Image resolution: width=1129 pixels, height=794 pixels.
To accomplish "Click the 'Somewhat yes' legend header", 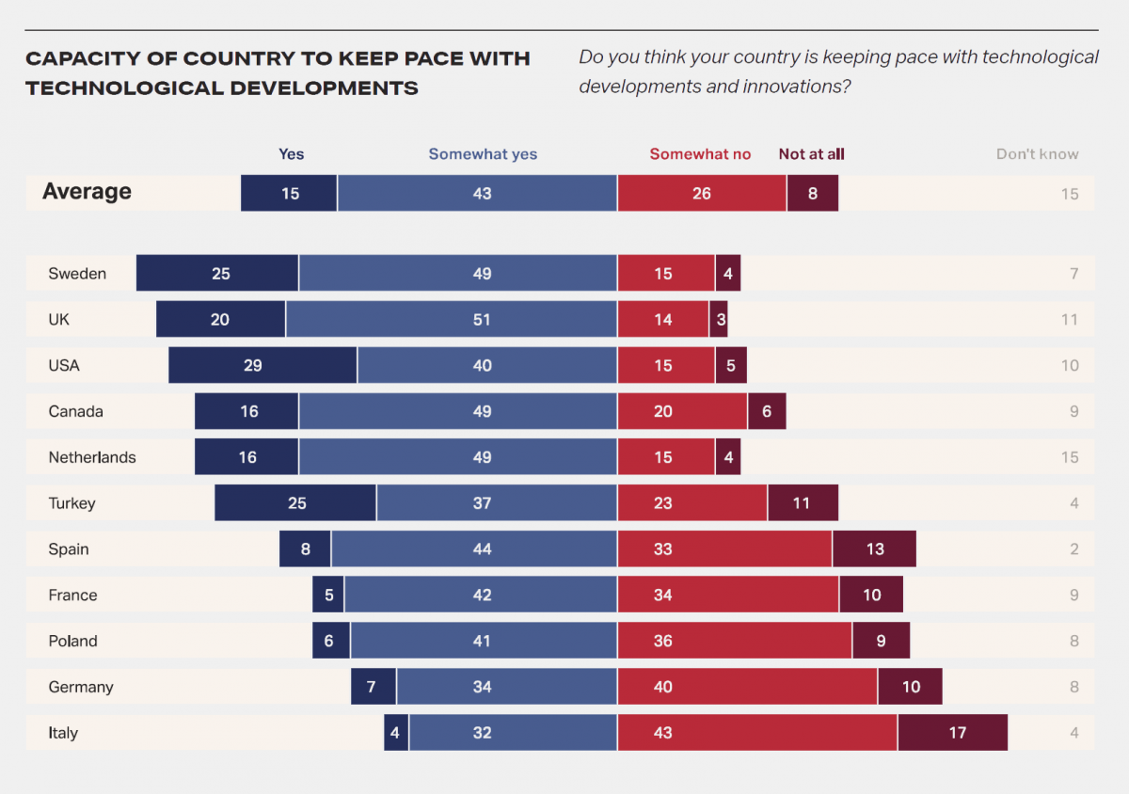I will tap(483, 154).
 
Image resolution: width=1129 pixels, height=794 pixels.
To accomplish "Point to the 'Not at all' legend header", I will tap(811, 154).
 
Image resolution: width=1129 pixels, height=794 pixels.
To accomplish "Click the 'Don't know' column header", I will tap(1037, 154).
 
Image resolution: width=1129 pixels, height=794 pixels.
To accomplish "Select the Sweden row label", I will tap(77, 274).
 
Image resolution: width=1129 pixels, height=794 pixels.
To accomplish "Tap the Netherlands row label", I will tap(92, 457).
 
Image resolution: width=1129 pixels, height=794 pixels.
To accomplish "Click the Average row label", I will tap(87, 192).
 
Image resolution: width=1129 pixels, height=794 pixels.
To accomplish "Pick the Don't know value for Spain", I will tap(1073, 549).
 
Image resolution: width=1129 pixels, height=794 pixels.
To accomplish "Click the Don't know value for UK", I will tap(1069, 320).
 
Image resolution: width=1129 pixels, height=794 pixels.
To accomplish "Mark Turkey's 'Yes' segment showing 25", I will tap(295, 503).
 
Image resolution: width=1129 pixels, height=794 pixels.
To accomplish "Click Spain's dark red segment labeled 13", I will tap(874, 549).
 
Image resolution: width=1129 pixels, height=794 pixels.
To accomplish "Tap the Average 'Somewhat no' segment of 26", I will tap(702, 194).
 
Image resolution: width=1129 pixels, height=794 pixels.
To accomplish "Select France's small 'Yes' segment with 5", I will tap(328, 595).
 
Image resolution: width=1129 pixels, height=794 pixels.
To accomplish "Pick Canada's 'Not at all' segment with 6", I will tap(767, 411).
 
